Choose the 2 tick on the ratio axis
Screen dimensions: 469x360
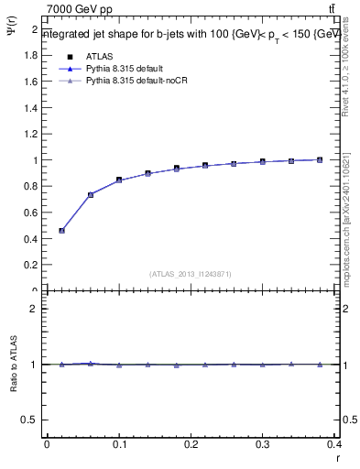pos(34,309)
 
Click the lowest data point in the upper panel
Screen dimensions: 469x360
pos(61,231)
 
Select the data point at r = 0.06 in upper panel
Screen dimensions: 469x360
pos(91,194)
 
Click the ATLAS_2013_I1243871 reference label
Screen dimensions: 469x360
pos(190,274)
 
